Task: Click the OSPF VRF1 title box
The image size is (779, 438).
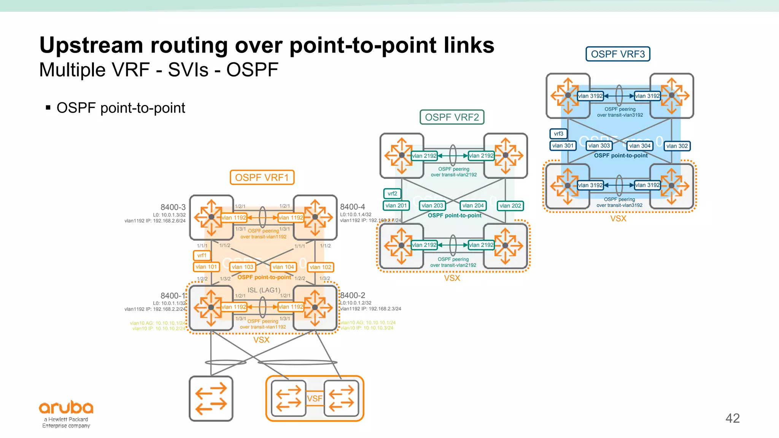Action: tap(262, 178)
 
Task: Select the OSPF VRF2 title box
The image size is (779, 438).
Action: tap(452, 117)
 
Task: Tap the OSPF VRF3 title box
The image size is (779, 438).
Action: tap(618, 54)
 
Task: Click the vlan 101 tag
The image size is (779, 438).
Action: tap(206, 267)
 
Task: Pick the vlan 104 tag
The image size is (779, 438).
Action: tap(283, 267)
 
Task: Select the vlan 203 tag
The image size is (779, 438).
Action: tap(432, 206)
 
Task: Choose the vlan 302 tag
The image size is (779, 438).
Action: tap(677, 146)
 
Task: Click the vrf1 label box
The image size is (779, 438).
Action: tap(202, 255)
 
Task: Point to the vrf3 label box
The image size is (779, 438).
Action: tap(558, 134)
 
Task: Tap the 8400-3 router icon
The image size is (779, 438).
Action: tap(211, 217)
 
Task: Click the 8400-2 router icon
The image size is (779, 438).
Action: tap(315, 308)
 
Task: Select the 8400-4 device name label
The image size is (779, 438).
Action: tap(352, 207)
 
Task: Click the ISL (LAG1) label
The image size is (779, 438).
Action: tap(264, 290)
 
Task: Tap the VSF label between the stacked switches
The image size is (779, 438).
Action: tap(315, 398)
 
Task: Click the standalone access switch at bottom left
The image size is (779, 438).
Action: tap(211, 399)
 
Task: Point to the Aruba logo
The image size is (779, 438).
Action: tap(66, 408)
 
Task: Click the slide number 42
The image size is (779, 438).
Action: tap(732, 418)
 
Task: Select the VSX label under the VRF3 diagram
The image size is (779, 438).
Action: tap(618, 219)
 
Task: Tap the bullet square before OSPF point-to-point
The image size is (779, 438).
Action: tap(48, 108)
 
